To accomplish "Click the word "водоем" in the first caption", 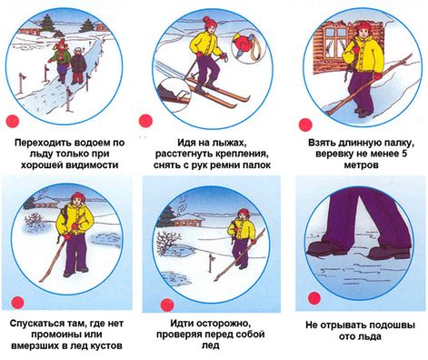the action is pyautogui.click(x=92, y=143).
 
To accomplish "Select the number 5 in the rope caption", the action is pyautogui.click(x=404, y=154).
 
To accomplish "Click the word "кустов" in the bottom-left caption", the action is pyautogui.click(x=106, y=345).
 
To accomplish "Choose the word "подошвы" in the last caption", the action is pyautogui.click(x=390, y=325).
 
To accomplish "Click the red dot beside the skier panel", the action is pyautogui.click(x=145, y=121).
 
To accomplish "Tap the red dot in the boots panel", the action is pyautogui.click(x=314, y=298).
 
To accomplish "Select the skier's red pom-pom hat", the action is pyautogui.click(x=210, y=22).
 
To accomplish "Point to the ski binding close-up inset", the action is pyautogui.click(x=174, y=93).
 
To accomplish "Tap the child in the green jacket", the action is pyautogui.click(x=61, y=62).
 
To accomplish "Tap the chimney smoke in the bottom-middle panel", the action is pyautogui.click(x=182, y=204).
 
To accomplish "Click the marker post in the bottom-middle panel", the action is pyautogui.click(x=211, y=263).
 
